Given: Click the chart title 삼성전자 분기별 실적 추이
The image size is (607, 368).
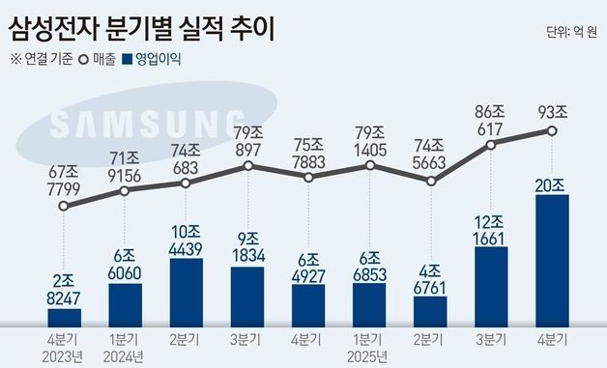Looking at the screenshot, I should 140,25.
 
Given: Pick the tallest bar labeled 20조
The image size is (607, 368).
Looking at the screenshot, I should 552,261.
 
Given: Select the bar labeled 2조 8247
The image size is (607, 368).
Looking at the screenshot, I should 64,318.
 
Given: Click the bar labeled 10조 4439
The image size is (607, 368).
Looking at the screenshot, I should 186,293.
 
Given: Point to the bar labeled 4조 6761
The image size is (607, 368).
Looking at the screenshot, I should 430,311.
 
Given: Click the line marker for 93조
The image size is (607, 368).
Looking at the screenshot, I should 552,130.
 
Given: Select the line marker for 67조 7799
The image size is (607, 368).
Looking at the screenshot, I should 64,206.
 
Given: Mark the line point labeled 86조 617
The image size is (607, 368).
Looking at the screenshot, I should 491,145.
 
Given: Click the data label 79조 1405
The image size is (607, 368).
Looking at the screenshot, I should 370,140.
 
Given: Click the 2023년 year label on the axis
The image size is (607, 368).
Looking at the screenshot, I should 64,356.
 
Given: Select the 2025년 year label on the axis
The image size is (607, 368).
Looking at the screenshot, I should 370,356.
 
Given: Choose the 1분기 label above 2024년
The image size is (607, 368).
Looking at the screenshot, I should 125,340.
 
